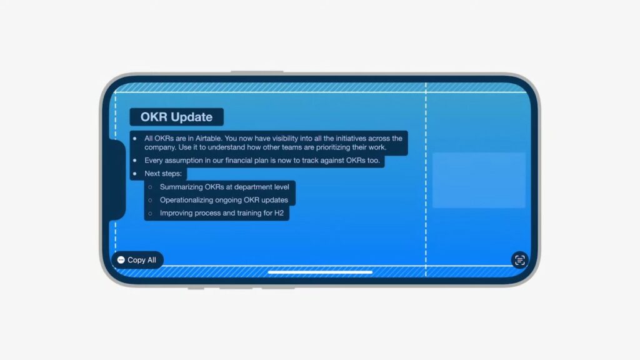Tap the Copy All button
137,260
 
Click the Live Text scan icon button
519,260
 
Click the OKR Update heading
176,117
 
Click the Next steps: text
163,174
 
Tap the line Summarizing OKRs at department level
224,187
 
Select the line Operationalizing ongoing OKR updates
224,200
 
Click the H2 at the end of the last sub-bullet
279,213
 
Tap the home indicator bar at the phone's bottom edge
321,272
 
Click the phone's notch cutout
117,180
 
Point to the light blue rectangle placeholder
479,181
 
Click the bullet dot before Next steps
135,174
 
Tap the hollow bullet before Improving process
150,213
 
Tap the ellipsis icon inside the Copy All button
121,260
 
